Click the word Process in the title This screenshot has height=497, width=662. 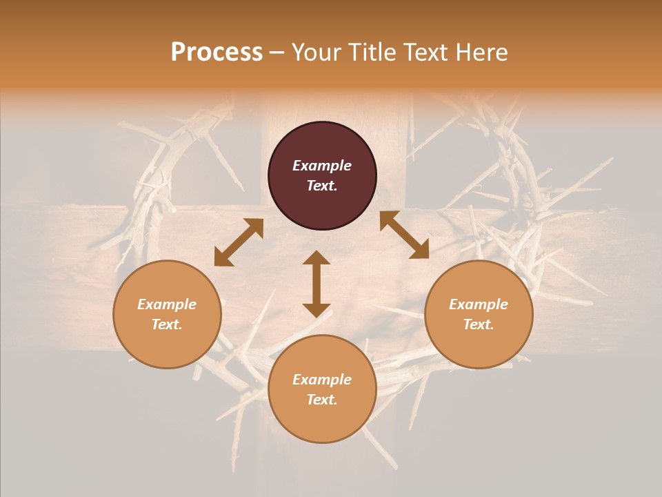[217, 52]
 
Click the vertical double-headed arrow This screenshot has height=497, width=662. [317, 284]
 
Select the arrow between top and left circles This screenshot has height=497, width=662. [239, 242]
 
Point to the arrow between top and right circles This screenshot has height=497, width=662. [404, 235]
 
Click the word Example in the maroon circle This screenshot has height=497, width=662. [322, 166]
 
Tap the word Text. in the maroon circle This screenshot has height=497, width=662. [322, 186]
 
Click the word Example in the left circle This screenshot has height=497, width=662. [167, 304]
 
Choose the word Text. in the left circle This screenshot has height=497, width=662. [167, 324]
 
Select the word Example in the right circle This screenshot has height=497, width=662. [479, 304]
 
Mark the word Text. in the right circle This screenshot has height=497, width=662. [479, 324]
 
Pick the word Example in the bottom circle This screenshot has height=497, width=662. [322, 380]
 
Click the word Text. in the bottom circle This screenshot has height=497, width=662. [322, 400]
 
